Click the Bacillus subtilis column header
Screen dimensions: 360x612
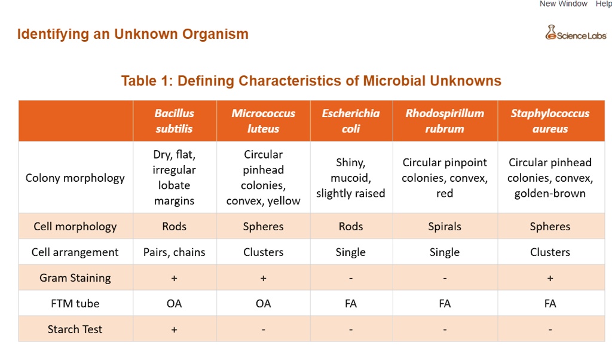[x=175, y=121]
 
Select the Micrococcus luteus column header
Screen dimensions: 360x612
[x=263, y=121]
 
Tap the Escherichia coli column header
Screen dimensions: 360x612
[x=351, y=121]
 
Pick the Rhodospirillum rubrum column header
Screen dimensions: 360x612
[x=445, y=121]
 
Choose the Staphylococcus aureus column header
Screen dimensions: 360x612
[x=550, y=121]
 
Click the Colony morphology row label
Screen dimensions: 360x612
[x=75, y=178]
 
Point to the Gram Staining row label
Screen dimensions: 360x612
[x=75, y=277]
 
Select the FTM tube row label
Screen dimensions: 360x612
[x=75, y=303]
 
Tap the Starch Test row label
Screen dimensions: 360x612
[x=75, y=329]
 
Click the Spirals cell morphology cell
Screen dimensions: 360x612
[x=445, y=226]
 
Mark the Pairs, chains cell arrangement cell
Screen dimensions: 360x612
[x=175, y=252]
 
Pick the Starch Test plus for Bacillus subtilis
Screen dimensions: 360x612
[x=175, y=329]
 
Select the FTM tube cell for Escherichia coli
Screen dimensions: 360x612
[x=351, y=303]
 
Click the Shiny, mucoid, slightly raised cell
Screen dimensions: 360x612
[x=351, y=178]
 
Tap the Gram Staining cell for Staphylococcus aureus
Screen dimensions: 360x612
[x=550, y=277]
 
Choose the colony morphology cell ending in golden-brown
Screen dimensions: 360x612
[x=550, y=178]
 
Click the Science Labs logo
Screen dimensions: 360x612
[x=576, y=33]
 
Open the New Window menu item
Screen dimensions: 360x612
[x=564, y=4]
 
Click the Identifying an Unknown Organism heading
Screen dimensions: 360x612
[x=133, y=34]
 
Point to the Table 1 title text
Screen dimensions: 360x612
[x=311, y=81]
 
